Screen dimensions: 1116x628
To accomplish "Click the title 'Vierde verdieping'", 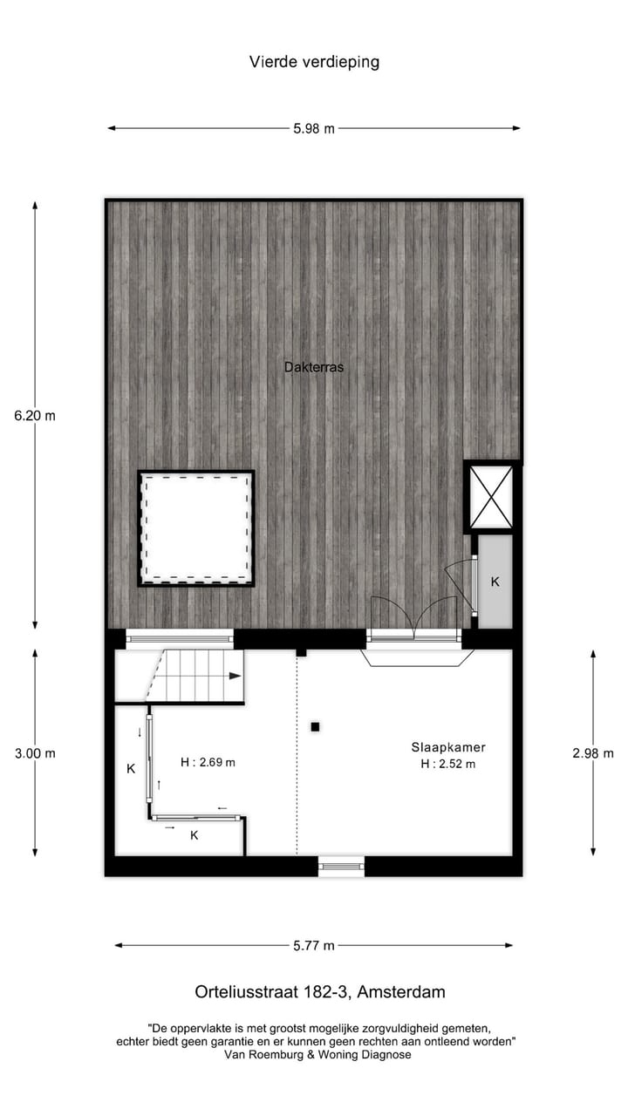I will pyautogui.click(x=314, y=62).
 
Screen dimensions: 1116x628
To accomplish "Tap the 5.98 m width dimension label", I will pyautogui.click(x=314, y=128).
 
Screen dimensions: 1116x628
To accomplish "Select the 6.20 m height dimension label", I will pyautogui.click(x=35, y=416).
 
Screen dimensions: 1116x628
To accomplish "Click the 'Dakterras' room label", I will pyautogui.click(x=314, y=367).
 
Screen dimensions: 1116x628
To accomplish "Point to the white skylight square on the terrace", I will pyautogui.click(x=196, y=527).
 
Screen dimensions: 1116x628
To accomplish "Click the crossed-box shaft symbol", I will pyautogui.click(x=491, y=497).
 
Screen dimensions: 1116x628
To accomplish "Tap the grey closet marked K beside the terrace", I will pyautogui.click(x=495, y=582).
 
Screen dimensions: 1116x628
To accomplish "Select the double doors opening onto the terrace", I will pyautogui.click(x=414, y=621).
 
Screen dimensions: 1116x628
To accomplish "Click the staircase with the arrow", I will pyautogui.click(x=196, y=676).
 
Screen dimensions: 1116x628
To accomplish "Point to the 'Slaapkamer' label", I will pyautogui.click(x=448, y=747).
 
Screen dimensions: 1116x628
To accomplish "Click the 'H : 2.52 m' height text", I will pyautogui.click(x=448, y=765).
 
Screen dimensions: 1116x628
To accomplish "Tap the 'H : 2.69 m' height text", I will pyautogui.click(x=208, y=762).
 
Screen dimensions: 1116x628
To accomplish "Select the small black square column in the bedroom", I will pyautogui.click(x=315, y=726).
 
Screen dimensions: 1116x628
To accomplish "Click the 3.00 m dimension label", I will pyautogui.click(x=35, y=753).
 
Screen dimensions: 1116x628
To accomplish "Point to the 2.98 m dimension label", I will pyautogui.click(x=593, y=753).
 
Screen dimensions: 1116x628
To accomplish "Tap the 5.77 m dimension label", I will pyautogui.click(x=314, y=945).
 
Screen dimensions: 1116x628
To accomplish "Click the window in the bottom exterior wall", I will pyautogui.click(x=341, y=866).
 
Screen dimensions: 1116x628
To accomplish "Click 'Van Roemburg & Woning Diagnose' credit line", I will pyautogui.click(x=317, y=1054).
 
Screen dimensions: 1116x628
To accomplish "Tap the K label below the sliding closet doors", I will pyautogui.click(x=195, y=835).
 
